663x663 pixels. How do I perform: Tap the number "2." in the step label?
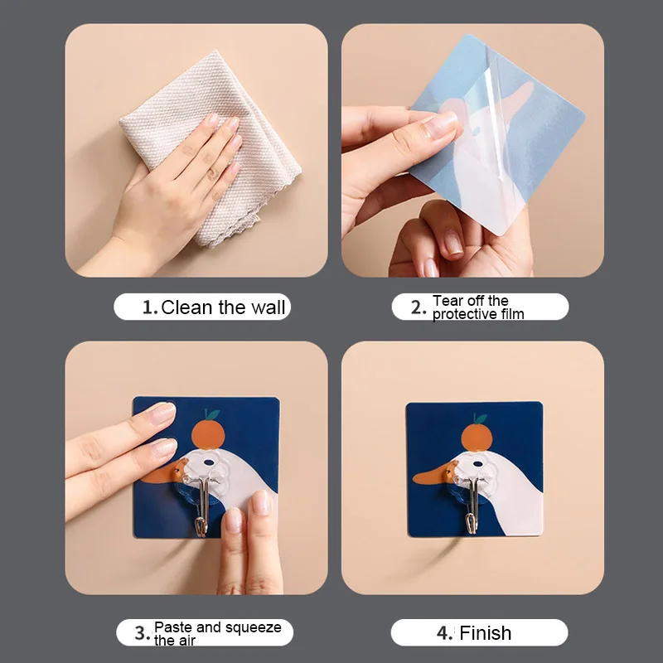pyautogui.click(x=418, y=307)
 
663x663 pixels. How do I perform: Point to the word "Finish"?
pyautogui.click(x=485, y=633)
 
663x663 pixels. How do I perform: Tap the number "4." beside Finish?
pyautogui.click(x=444, y=633)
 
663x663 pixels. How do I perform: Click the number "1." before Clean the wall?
pyautogui.click(x=150, y=307)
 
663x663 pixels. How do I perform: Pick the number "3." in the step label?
pyautogui.click(x=142, y=633)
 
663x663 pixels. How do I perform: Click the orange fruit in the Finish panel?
pyautogui.click(x=477, y=438)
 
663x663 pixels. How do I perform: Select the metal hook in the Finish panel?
pyautogui.click(x=473, y=505)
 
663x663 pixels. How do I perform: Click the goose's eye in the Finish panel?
pyautogui.click(x=478, y=464)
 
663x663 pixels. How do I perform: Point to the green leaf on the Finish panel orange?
pyautogui.click(x=481, y=419)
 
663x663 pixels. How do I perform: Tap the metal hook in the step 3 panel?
pyautogui.click(x=202, y=506)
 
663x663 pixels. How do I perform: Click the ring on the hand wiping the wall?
pyautogui.click(x=212, y=173)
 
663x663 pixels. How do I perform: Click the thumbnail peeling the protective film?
pyautogui.click(x=443, y=123)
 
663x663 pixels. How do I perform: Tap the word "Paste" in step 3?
pyautogui.click(x=173, y=627)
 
